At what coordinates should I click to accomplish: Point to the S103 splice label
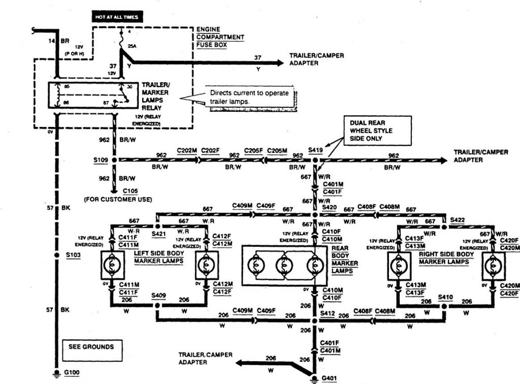[x=73, y=255]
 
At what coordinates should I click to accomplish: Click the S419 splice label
[x=316, y=151]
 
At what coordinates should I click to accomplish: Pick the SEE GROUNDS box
[x=91, y=347]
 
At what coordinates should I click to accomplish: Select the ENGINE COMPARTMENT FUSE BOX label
[x=220, y=37]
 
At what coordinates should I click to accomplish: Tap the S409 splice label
[x=158, y=295]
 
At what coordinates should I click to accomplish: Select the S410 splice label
[x=445, y=296]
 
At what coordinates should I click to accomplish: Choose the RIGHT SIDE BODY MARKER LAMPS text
[x=446, y=258]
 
